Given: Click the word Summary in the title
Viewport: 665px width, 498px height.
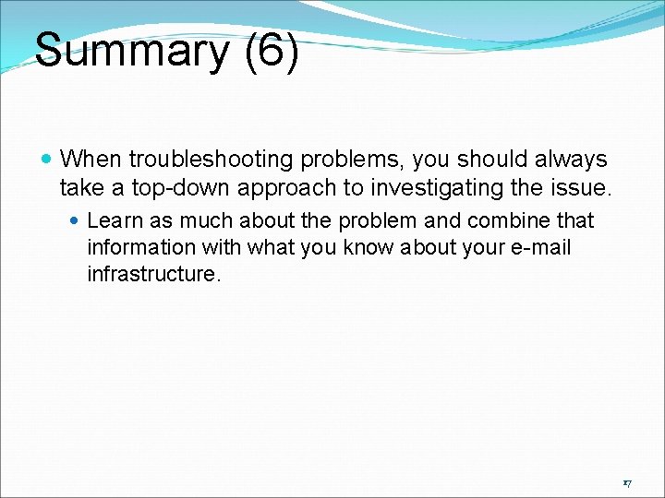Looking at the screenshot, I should pyautogui.click(x=129, y=52).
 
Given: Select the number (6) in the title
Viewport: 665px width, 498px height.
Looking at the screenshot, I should pyautogui.click(x=272, y=52).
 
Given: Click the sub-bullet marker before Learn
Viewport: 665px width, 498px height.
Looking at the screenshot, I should pyautogui.click(x=77, y=221).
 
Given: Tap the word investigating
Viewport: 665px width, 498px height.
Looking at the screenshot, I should pyautogui.click(x=450, y=188).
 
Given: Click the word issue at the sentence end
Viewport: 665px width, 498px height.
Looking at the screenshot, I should pyautogui.click(x=583, y=188).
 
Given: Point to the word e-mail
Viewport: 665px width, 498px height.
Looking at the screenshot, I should pyautogui.click(x=540, y=248).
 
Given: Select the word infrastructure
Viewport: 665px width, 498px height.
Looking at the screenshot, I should pyautogui.click(x=153, y=275).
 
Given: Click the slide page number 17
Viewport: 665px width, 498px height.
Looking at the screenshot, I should pyautogui.click(x=626, y=482).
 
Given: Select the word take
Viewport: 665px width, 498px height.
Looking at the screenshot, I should pyautogui.click(x=79, y=188).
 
